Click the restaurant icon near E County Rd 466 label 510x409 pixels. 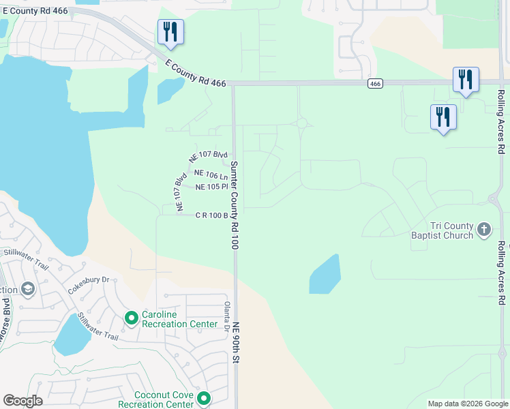pyautogui.click(x=170, y=32)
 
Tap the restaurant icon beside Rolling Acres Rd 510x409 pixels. pyautogui.click(x=466, y=80)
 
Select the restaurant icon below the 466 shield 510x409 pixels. pyautogui.click(x=443, y=117)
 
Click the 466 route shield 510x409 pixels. pyautogui.click(x=375, y=83)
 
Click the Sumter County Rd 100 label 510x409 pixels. pyautogui.click(x=234, y=204)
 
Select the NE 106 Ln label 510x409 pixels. pyautogui.click(x=211, y=175)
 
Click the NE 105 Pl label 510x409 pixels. pyautogui.click(x=211, y=187)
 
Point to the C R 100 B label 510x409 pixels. pyautogui.click(x=211, y=215)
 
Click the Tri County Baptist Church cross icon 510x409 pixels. pyautogui.click(x=484, y=230)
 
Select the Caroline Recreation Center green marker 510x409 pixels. pyautogui.click(x=131, y=318)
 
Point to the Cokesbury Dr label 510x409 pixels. pyautogui.click(x=89, y=284)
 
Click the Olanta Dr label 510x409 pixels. pyautogui.click(x=227, y=316)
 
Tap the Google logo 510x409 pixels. pyautogui.click(x=22, y=401)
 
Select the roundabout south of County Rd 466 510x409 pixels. pyautogui.click(x=301, y=123)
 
